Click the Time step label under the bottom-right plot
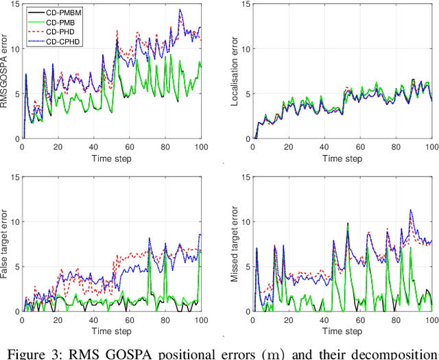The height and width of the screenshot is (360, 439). point(343,331)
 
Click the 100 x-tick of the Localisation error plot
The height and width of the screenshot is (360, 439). point(431,147)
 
